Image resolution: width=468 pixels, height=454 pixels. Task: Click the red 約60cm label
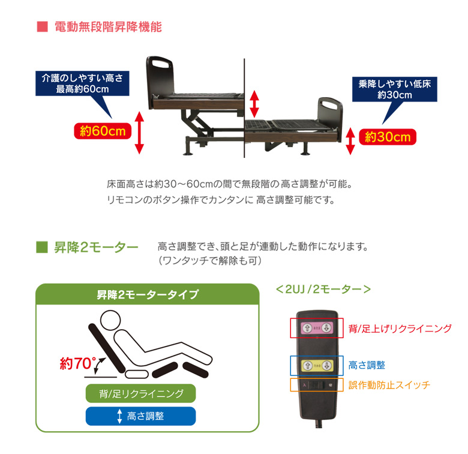coord(102,131)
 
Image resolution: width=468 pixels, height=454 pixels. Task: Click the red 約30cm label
coord(388,137)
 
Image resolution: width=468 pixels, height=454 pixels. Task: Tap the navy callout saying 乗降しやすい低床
coord(394,89)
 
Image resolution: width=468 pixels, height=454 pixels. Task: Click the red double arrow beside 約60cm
coord(139,132)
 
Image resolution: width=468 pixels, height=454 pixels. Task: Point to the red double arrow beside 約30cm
coord(351,141)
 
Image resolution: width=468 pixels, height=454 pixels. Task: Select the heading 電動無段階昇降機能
coord(107,27)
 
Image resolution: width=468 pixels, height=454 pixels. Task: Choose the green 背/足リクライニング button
coord(140,394)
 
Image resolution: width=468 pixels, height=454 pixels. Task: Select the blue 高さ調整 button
coord(140,416)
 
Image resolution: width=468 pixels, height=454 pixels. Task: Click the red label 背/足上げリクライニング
coord(400,328)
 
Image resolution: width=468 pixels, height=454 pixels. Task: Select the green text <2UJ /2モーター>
coord(323,289)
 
